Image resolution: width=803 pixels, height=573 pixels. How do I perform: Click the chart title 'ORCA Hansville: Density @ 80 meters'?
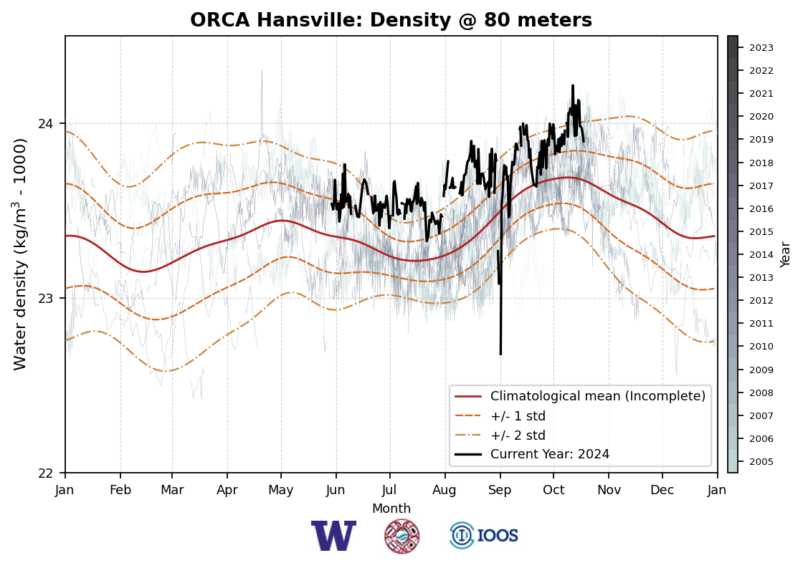click(x=391, y=21)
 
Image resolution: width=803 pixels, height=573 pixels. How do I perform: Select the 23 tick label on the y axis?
click(x=46, y=298)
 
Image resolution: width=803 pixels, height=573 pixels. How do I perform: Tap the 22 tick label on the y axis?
click(x=46, y=473)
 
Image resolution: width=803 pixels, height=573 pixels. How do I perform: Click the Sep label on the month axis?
click(x=500, y=490)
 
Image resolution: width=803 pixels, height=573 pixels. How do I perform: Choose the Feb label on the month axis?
click(x=120, y=490)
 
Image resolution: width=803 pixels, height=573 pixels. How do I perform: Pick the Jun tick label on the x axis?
click(x=336, y=490)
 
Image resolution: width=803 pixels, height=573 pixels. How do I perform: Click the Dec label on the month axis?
click(x=662, y=490)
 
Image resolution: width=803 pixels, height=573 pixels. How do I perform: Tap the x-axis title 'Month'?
click(x=391, y=509)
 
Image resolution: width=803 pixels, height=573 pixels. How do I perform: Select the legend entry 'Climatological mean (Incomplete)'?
click(x=597, y=396)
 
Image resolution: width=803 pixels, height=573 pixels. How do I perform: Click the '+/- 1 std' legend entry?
click(x=518, y=415)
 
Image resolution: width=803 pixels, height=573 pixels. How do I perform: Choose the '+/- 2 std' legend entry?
click(x=518, y=435)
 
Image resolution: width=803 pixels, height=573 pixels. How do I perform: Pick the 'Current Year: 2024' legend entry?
click(x=549, y=454)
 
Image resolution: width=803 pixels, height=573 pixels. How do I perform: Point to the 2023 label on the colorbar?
click(x=761, y=48)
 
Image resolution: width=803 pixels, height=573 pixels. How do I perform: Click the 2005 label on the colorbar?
click(x=761, y=461)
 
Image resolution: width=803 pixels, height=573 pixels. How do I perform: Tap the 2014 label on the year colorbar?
click(x=761, y=254)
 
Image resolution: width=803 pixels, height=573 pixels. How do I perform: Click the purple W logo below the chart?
click(x=333, y=536)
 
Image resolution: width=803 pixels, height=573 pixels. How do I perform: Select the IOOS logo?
click(x=484, y=536)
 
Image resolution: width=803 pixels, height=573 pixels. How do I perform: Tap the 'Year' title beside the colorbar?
click(x=786, y=254)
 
